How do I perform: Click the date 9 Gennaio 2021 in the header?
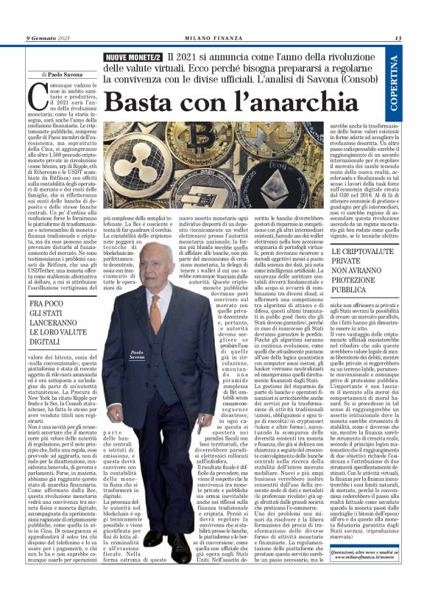tap(48, 38)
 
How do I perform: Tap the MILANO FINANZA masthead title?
tap(213, 38)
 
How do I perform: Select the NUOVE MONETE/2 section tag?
tap(133, 57)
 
